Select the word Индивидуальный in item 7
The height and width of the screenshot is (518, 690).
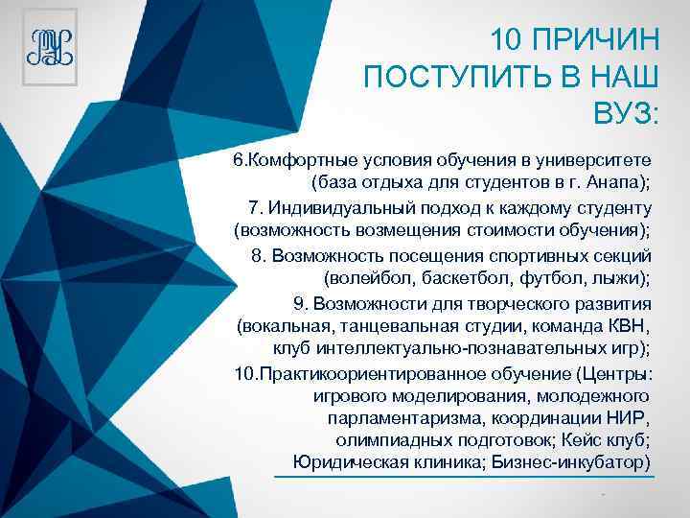(x=337, y=207)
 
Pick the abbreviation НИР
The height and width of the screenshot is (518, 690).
(x=627, y=419)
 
